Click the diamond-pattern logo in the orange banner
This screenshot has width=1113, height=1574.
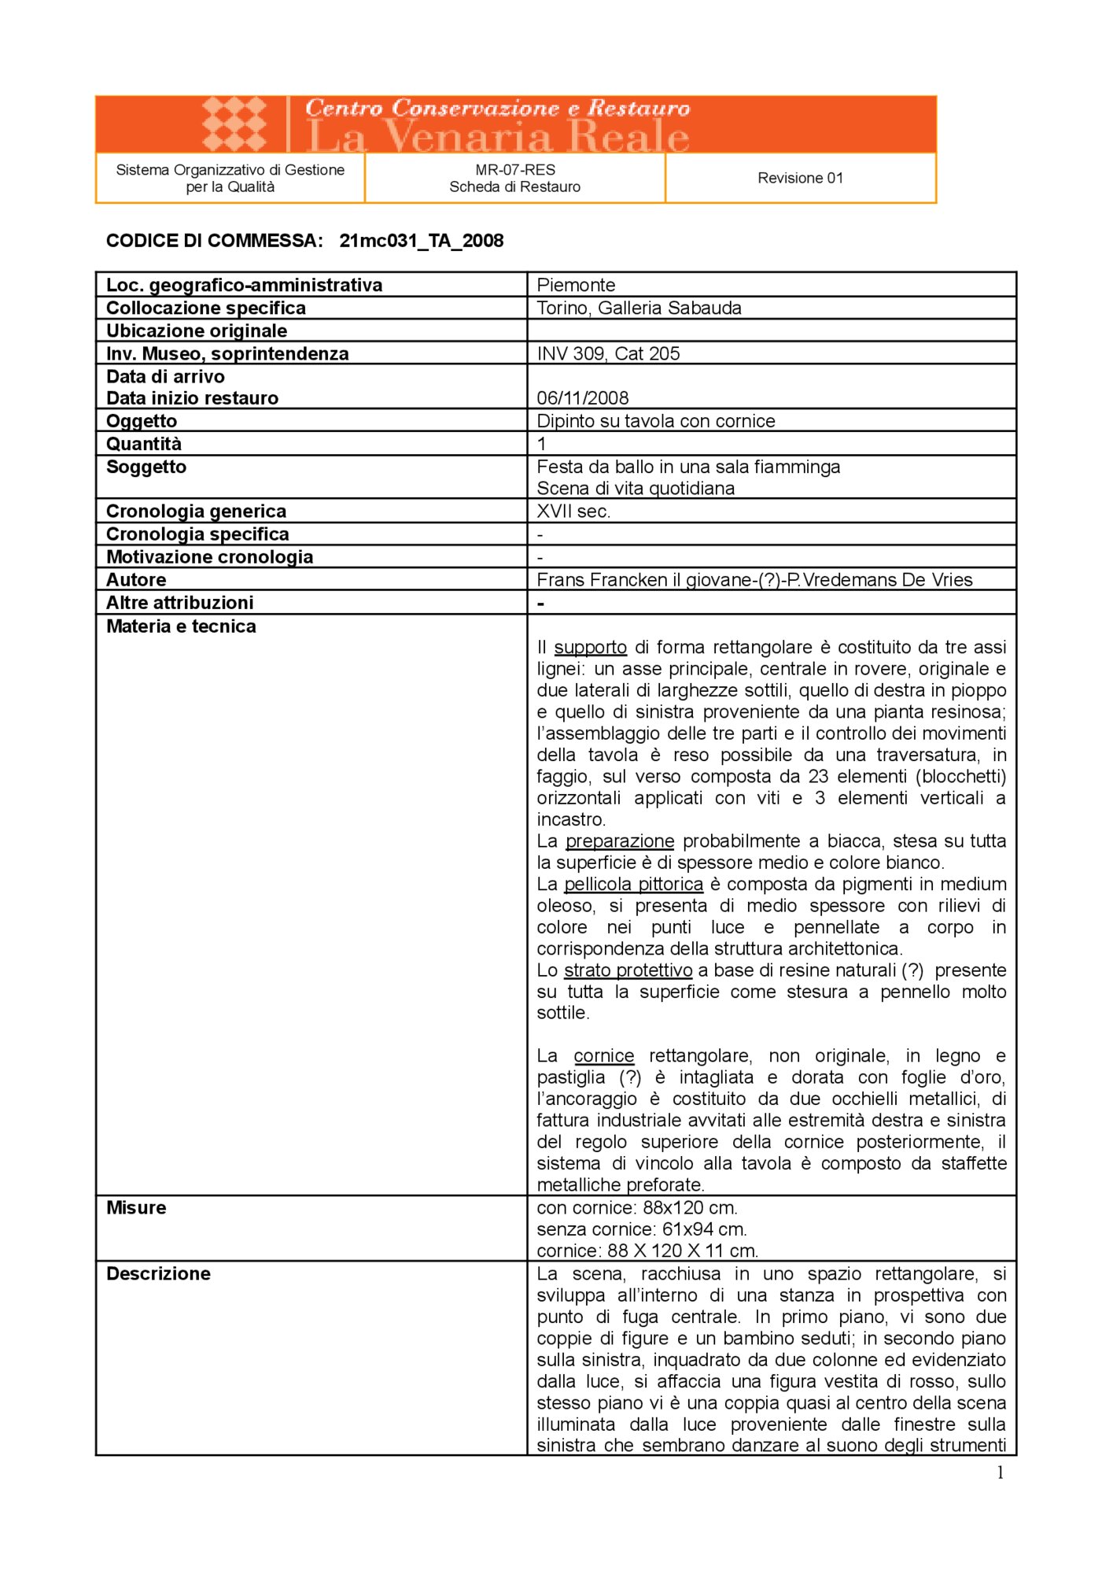[x=234, y=124]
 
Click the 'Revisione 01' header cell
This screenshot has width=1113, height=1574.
[x=800, y=178]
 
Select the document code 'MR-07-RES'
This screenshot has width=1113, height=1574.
[x=515, y=169]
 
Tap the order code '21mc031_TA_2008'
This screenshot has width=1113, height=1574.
[x=422, y=241]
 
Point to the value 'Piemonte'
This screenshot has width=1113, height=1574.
[x=576, y=285]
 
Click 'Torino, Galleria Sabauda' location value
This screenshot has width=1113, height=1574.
[x=639, y=308]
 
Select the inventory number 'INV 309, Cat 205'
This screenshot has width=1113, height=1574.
[x=608, y=353]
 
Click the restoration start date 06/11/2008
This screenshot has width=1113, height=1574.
[x=583, y=397]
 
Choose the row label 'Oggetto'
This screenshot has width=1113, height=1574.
[x=142, y=421]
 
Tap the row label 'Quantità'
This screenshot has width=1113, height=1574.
[x=144, y=444]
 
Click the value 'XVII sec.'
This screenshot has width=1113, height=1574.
[x=573, y=512]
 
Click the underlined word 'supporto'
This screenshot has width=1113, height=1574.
[x=590, y=648]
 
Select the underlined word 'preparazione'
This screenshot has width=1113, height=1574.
[x=620, y=841]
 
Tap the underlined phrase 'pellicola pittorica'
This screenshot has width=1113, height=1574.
[x=633, y=885]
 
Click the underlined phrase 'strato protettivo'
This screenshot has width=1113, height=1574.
[x=628, y=970]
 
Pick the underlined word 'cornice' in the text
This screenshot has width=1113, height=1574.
[x=603, y=1056]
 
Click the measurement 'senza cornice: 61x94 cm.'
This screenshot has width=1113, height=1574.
[x=642, y=1229]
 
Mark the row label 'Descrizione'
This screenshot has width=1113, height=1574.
[x=158, y=1274]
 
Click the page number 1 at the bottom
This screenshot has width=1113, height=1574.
[x=1000, y=1473]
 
